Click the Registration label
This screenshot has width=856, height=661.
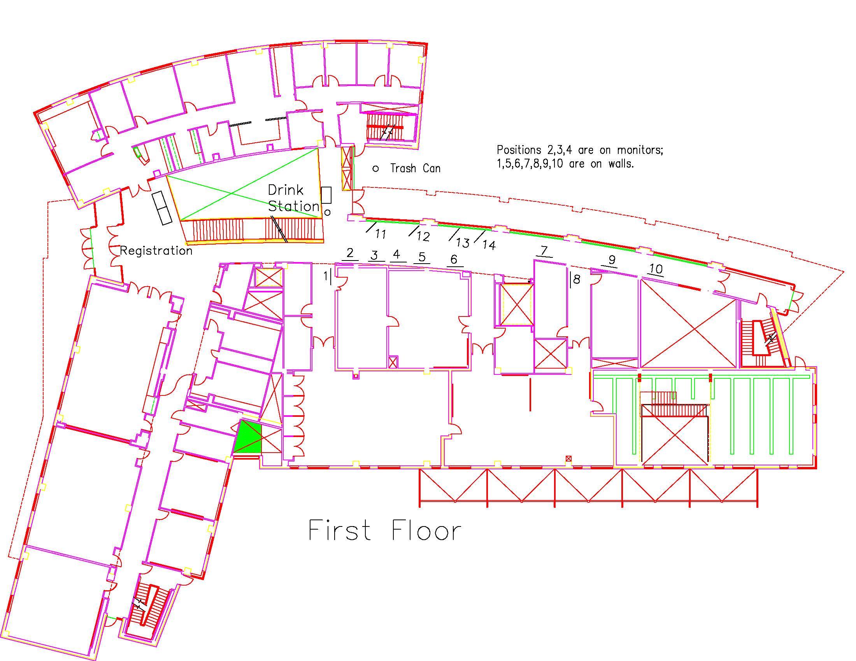click(x=156, y=251)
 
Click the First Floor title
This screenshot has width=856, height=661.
click(x=385, y=531)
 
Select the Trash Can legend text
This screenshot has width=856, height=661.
click(x=415, y=168)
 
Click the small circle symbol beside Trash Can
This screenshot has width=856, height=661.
click(x=375, y=169)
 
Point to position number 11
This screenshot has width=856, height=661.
click(x=380, y=234)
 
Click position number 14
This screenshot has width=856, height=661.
click(x=489, y=245)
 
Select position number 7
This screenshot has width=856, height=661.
click(x=544, y=250)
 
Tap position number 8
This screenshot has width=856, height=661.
click(x=577, y=280)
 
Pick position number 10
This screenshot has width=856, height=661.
click(x=656, y=269)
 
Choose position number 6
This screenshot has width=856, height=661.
click(x=454, y=259)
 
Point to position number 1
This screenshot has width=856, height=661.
click(x=325, y=277)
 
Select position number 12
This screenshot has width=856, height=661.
click(x=423, y=236)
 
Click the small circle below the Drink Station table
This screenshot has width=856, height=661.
click(x=328, y=213)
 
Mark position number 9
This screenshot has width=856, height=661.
click(x=612, y=260)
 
